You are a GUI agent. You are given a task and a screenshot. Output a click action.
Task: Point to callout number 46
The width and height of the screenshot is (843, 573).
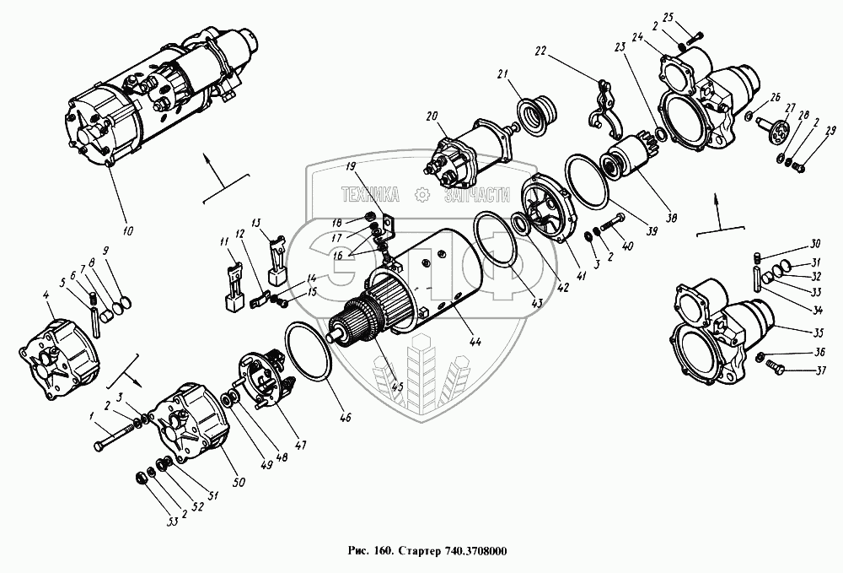tap(346, 416)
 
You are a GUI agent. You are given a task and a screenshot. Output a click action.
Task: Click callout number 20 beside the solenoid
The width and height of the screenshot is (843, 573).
tap(432, 116)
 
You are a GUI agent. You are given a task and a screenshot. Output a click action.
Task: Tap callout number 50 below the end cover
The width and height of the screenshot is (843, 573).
tap(239, 482)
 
